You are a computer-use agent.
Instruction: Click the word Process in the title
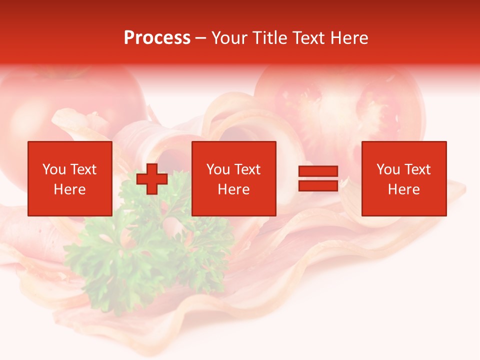pyautogui.click(x=157, y=38)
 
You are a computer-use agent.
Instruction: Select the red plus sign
pyautogui.click(x=152, y=179)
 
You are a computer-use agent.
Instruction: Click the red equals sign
pyautogui.click(x=318, y=178)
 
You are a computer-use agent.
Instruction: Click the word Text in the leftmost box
pyautogui.click(x=83, y=169)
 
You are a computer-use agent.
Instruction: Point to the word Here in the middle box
pyautogui.click(x=233, y=189)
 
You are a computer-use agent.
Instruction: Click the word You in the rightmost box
pyautogui.click(x=388, y=169)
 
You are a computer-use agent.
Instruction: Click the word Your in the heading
pyautogui.click(x=229, y=38)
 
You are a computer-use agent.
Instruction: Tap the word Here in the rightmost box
pyautogui.click(x=404, y=189)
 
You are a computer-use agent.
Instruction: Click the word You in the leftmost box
pyautogui.click(x=54, y=169)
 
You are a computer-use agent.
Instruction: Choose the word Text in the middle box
pyautogui.click(x=247, y=169)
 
